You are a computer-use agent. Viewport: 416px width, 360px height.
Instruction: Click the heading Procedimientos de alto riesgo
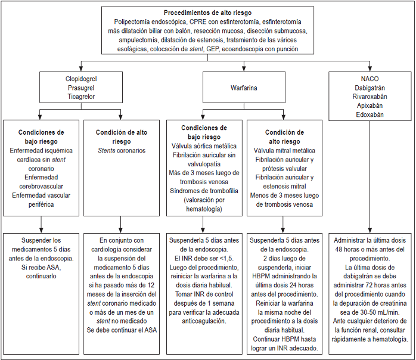tap(207, 13)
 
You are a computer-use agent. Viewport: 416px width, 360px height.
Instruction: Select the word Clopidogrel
tap(81, 78)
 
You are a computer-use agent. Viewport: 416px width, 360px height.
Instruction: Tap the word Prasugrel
tap(81, 87)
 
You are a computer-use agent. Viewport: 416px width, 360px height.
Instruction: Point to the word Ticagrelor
tap(81, 96)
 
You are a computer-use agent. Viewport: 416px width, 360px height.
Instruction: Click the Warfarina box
tap(244, 88)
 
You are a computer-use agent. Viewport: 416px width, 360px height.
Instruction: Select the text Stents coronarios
tap(122, 151)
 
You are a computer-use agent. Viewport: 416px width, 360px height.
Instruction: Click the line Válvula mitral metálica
tap(284, 151)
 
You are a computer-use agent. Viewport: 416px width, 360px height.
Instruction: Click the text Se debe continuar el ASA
tap(122, 330)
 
